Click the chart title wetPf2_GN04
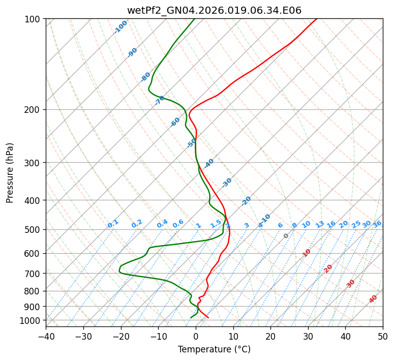click(x=214, y=10)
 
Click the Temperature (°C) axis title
click(x=214, y=350)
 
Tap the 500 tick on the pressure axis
click(x=33, y=229)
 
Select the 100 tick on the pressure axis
click(x=33, y=19)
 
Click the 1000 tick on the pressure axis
click(x=31, y=320)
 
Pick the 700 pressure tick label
click(x=33, y=274)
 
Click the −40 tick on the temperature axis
click(x=46, y=337)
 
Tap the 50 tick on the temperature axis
click(x=383, y=337)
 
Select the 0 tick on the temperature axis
click(x=196, y=337)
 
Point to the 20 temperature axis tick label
click(x=270, y=337)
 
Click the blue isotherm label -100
click(x=120, y=27)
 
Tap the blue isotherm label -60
click(x=175, y=122)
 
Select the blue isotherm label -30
click(x=227, y=183)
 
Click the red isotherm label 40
click(x=373, y=299)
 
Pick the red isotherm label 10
click(x=307, y=253)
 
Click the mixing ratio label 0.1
click(x=113, y=223)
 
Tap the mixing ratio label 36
click(x=377, y=224)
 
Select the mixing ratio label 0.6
click(x=178, y=224)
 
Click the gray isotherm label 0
click(x=286, y=236)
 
